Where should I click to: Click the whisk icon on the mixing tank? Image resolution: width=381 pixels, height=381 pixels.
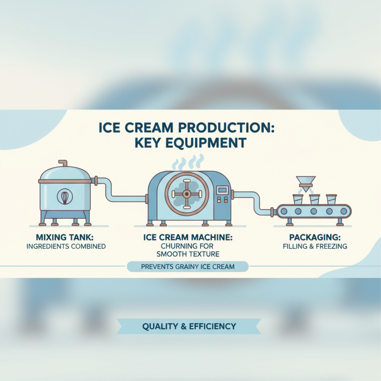coord(65,197)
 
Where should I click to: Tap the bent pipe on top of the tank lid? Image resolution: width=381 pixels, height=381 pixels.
coord(62,164)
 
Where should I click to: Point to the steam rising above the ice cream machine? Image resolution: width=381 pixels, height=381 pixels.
coord(186,163)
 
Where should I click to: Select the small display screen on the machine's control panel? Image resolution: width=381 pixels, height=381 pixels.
coord(222,190)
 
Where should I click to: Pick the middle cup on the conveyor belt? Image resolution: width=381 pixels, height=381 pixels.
coord(314,199)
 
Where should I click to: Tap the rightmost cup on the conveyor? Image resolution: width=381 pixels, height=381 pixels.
coord(331,199)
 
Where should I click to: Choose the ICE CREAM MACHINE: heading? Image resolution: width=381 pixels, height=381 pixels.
coord(188,237)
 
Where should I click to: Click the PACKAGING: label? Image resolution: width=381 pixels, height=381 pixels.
coord(313,237)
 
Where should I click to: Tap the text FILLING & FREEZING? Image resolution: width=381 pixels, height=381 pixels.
coord(313,246)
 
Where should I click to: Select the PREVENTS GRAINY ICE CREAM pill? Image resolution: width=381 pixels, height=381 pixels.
coord(188,267)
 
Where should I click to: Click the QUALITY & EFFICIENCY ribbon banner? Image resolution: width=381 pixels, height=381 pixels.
coord(189,327)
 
